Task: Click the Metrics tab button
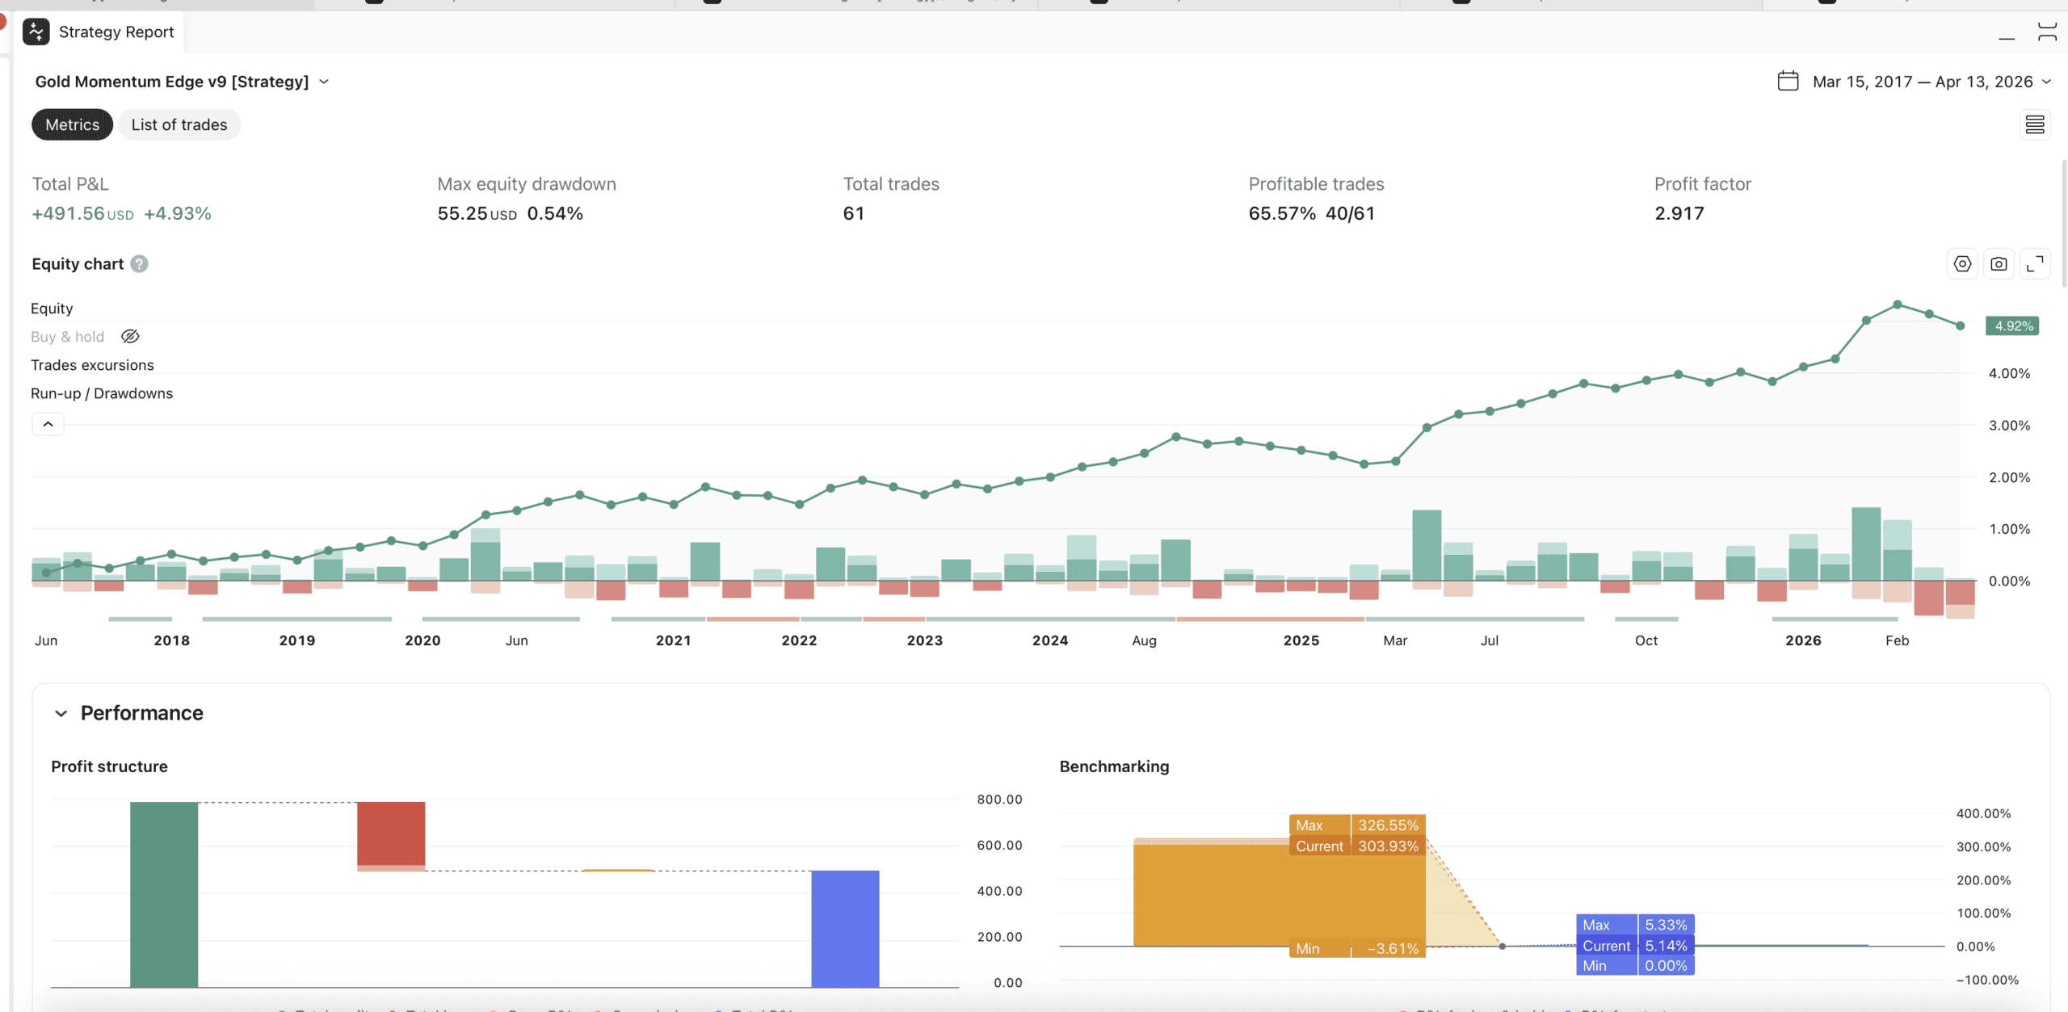point(72,125)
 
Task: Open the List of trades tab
point(179,125)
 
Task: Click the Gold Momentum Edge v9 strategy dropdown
point(182,82)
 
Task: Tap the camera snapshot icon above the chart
point(1999,264)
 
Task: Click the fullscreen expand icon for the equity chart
point(2035,264)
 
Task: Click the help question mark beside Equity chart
point(139,264)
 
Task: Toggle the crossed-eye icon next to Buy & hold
point(130,337)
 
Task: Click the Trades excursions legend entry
point(92,365)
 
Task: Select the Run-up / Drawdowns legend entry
point(102,393)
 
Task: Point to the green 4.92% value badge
point(2012,326)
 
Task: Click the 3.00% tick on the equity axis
point(2009,426)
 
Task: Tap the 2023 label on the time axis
point(924,640)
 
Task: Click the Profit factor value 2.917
point(1679,214)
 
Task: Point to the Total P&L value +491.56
point(69,214)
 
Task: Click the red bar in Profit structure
point(391,834)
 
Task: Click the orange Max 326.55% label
point(1357,825)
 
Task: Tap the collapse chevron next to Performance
point(61,713)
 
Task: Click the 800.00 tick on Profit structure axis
point(999,800)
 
